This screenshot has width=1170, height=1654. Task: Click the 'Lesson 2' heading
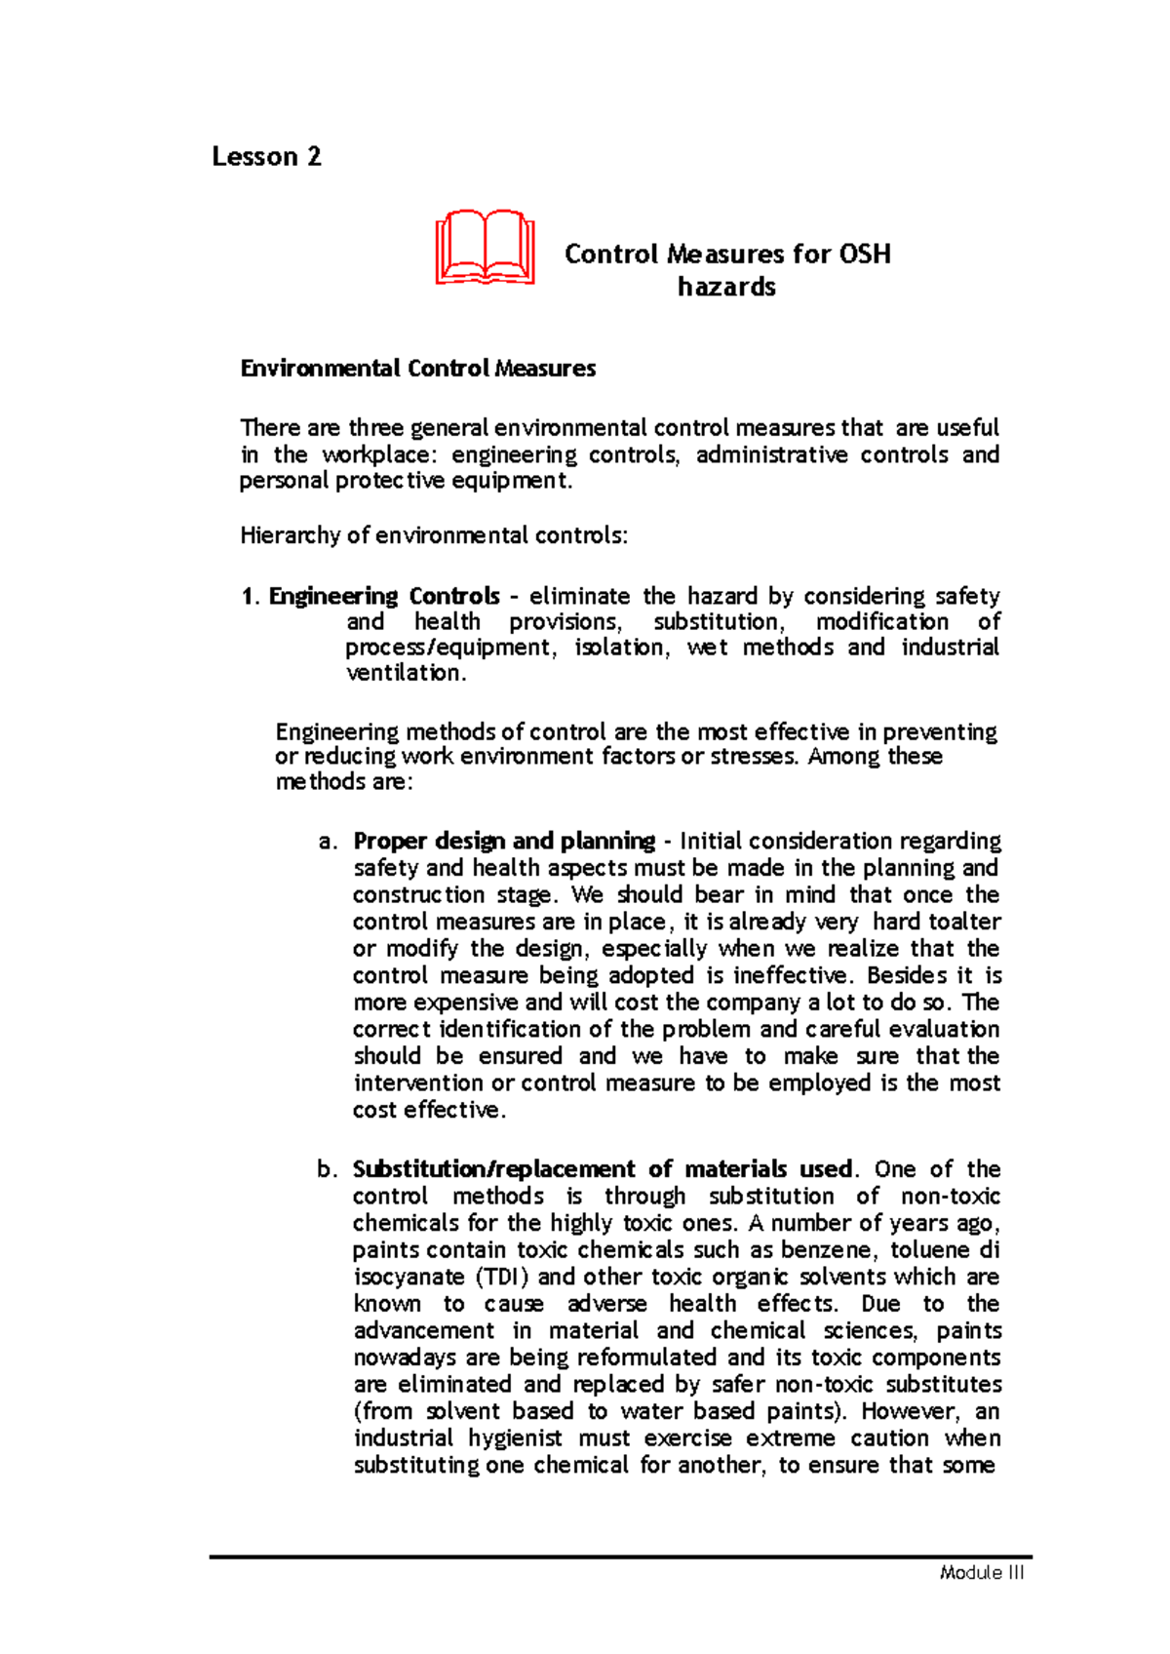266,157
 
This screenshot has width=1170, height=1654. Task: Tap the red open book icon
485,247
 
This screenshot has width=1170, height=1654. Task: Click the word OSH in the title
864,255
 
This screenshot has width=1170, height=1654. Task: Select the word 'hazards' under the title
726,288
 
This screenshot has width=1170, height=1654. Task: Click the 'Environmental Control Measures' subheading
418,369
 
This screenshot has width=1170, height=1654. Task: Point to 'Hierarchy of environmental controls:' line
434,535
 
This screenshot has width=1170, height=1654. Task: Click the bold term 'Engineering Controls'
384,596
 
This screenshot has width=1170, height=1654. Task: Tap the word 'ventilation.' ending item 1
406,673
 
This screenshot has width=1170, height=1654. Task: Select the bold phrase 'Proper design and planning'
504,841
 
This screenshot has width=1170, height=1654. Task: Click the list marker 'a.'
328,842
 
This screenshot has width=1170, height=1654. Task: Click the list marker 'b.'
328,1169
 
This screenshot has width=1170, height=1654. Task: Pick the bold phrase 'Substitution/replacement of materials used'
603,1169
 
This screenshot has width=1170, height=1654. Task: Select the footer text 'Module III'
982,1573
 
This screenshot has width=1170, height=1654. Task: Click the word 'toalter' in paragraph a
964,922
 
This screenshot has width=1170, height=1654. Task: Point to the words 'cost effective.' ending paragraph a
429,1110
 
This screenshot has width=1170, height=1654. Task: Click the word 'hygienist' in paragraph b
515,1438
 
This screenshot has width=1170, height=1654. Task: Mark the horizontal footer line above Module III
620,1556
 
